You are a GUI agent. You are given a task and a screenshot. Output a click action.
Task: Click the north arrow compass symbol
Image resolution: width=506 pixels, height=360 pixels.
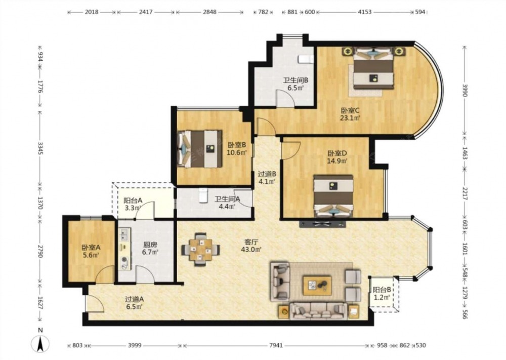coord(40,343)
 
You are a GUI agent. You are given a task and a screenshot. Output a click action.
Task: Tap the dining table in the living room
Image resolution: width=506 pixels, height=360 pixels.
coord(200,250)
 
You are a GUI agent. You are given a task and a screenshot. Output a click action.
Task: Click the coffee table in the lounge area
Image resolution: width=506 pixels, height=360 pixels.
coord(317,286)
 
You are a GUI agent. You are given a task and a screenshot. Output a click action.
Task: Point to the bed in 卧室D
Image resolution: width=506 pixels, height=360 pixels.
coord(333,196)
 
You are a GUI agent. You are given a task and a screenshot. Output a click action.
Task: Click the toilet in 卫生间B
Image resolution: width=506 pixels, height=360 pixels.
coord(306,59)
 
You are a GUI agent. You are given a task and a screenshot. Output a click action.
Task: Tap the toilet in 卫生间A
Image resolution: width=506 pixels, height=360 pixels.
coord(203,195)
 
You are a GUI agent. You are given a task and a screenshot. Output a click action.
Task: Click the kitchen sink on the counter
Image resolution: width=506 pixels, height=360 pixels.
coord(124,235)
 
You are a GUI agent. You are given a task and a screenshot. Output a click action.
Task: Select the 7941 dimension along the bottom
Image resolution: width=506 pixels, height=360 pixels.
coord(276,345)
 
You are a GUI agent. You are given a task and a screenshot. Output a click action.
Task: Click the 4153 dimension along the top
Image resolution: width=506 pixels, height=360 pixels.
coord(365,12)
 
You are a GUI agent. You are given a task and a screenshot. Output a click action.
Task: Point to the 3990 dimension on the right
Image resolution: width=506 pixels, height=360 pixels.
coord(465,90)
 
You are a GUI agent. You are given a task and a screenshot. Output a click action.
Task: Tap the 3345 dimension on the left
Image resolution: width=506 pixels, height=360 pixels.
coord(40,148)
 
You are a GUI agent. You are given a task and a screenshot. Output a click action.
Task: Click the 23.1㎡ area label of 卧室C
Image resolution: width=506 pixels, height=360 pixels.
coord(350,118)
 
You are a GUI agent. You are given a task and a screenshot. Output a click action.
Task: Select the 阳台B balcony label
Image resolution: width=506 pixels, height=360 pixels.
coord(382,290)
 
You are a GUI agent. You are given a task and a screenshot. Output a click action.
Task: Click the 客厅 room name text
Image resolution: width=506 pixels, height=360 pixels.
coord(251,242)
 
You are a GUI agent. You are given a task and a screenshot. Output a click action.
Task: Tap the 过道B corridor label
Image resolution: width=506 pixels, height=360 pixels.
coord(267,174)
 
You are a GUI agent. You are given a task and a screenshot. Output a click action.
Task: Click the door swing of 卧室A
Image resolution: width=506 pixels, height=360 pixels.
coord(105,274)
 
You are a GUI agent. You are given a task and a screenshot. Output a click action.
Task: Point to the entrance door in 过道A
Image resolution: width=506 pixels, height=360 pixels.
coord(95,303)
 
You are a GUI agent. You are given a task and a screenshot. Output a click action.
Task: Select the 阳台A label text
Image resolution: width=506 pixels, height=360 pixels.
coord(133,200)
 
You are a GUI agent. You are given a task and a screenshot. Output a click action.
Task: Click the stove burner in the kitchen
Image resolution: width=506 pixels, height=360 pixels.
coord(124,259)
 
